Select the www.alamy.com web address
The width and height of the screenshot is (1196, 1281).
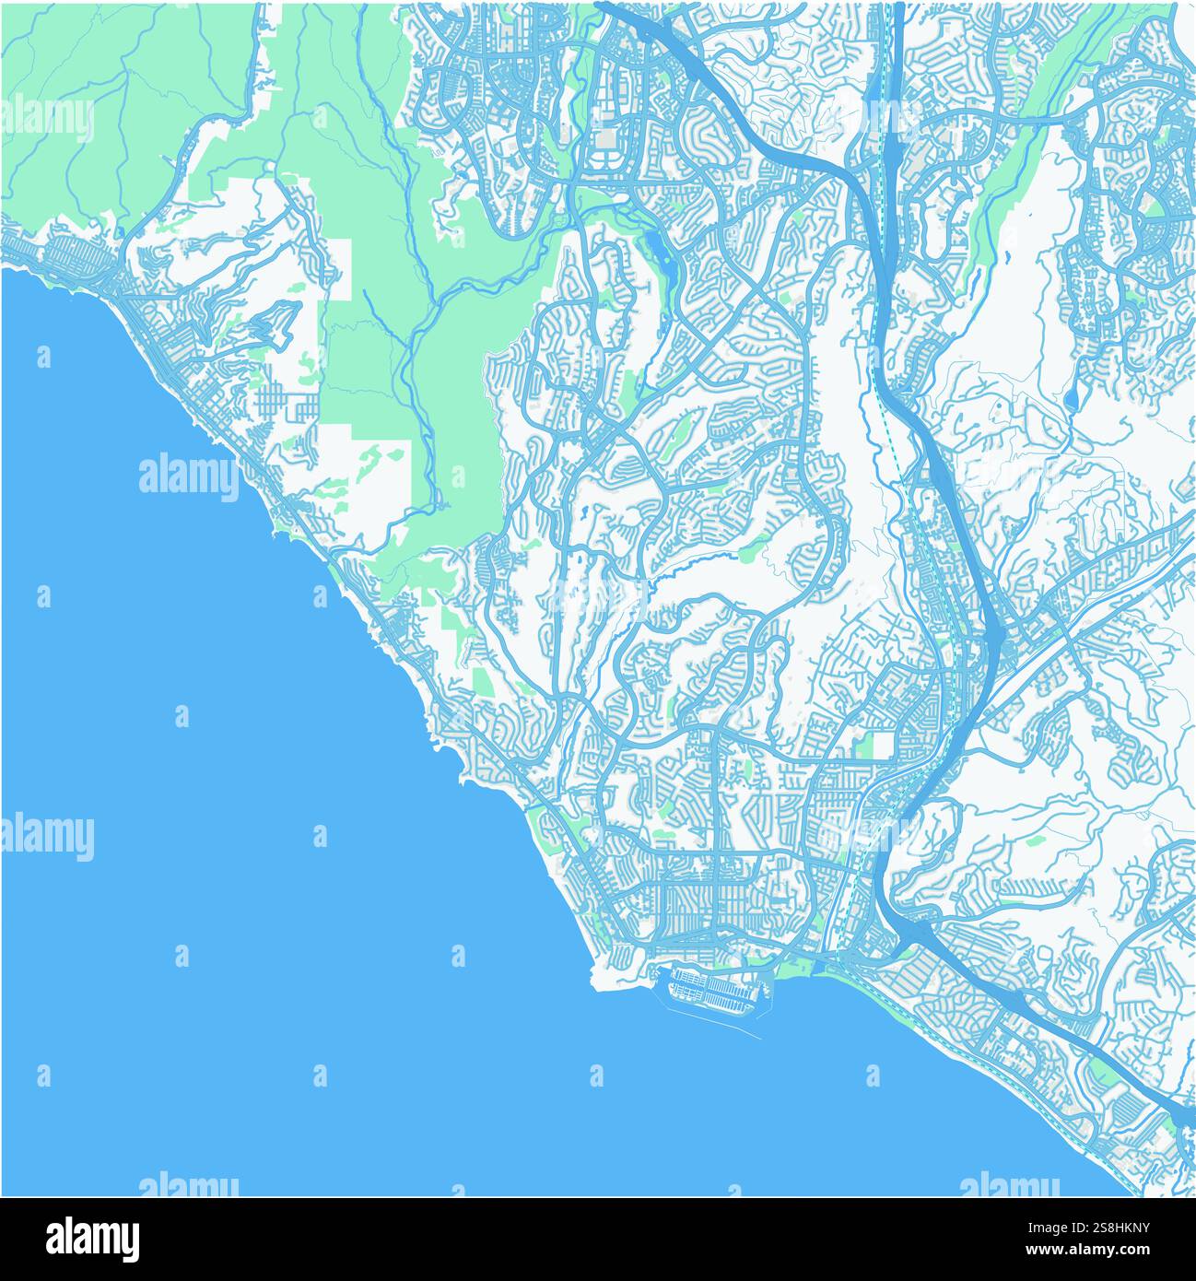(x=1104, y=1252)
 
